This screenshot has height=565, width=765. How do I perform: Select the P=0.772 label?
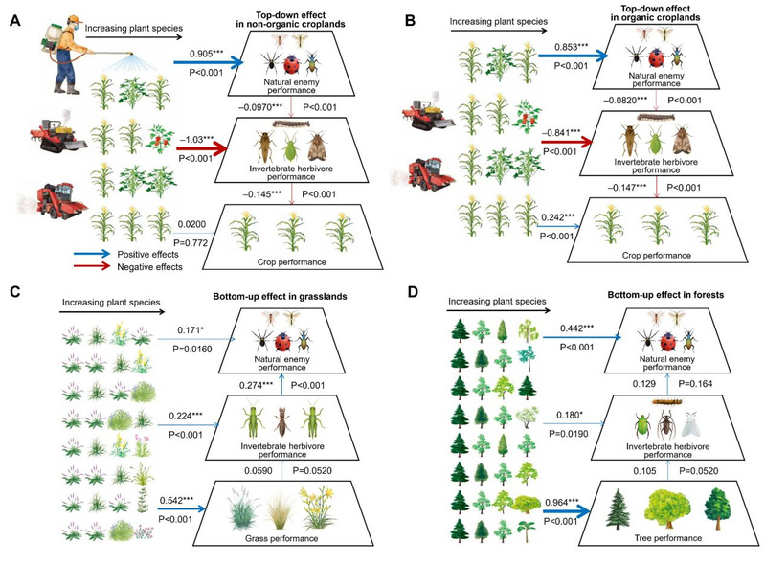click(191, 243)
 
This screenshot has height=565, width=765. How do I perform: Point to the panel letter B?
click(411, 20)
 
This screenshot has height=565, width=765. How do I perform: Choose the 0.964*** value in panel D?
click(562, 503)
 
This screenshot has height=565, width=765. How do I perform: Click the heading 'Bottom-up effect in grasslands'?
click(280, 296)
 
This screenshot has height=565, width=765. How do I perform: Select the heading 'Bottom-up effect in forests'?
click(665, 295)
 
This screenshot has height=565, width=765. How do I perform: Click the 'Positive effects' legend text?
click(147, 254)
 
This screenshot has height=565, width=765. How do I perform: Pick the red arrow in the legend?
click(92, 266)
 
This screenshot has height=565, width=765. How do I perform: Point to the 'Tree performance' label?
click(668, 538)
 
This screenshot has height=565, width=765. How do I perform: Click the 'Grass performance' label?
click(281, 538)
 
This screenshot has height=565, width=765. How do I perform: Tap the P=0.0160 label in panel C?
click(192, 349)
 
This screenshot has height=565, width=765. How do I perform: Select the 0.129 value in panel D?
click(644, 384)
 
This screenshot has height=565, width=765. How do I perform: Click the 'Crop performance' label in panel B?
click(656, 255)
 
